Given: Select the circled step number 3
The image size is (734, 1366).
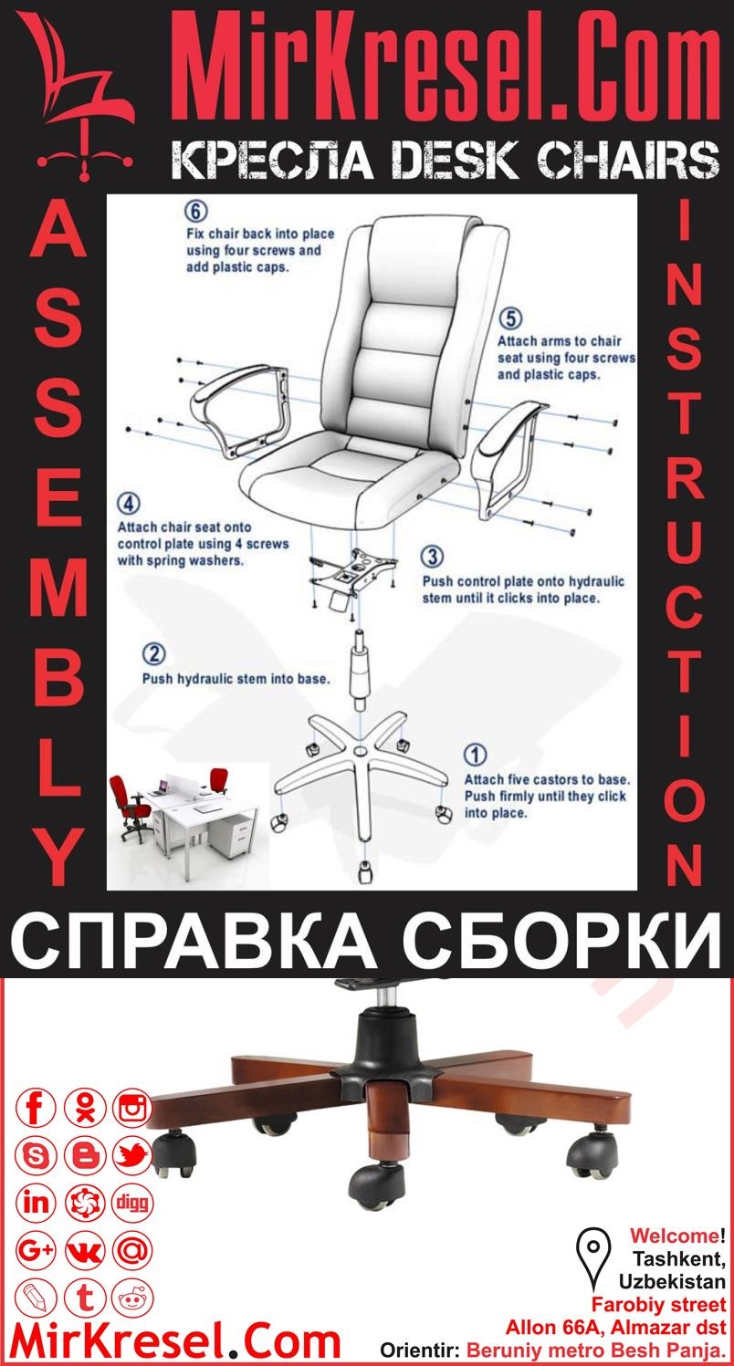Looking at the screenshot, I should point(434,557).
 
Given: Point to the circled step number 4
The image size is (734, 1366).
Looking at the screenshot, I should point(130,503).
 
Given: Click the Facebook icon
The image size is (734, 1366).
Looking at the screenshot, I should point(37,1109).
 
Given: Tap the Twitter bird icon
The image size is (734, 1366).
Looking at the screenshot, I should point(133,1156).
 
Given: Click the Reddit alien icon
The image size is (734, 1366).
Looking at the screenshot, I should point(133,1297).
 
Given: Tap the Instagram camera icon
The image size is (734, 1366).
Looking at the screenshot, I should point(133,1109).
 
